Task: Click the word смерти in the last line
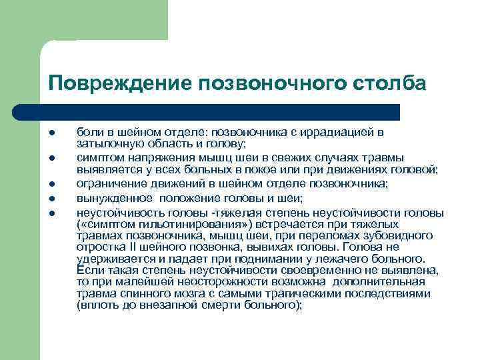[x=217, y=305]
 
